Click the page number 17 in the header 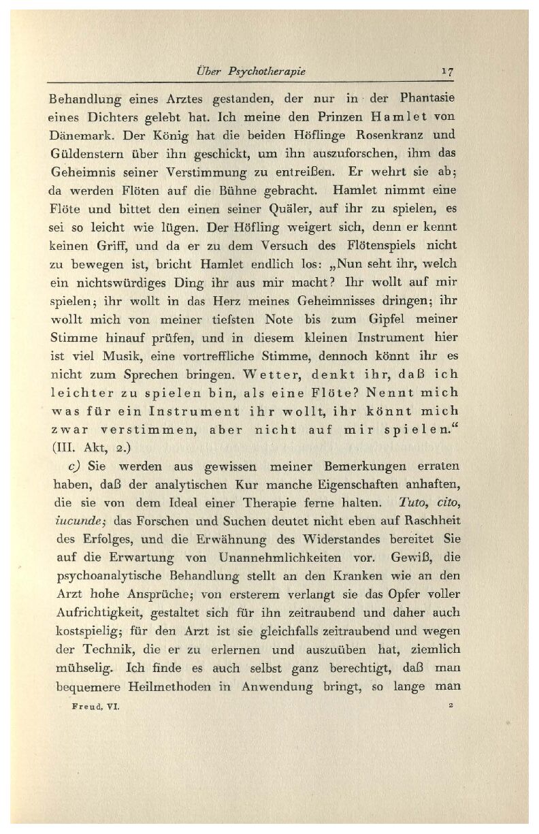click(x=448, y=71)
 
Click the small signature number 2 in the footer click(x=451, y=706)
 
